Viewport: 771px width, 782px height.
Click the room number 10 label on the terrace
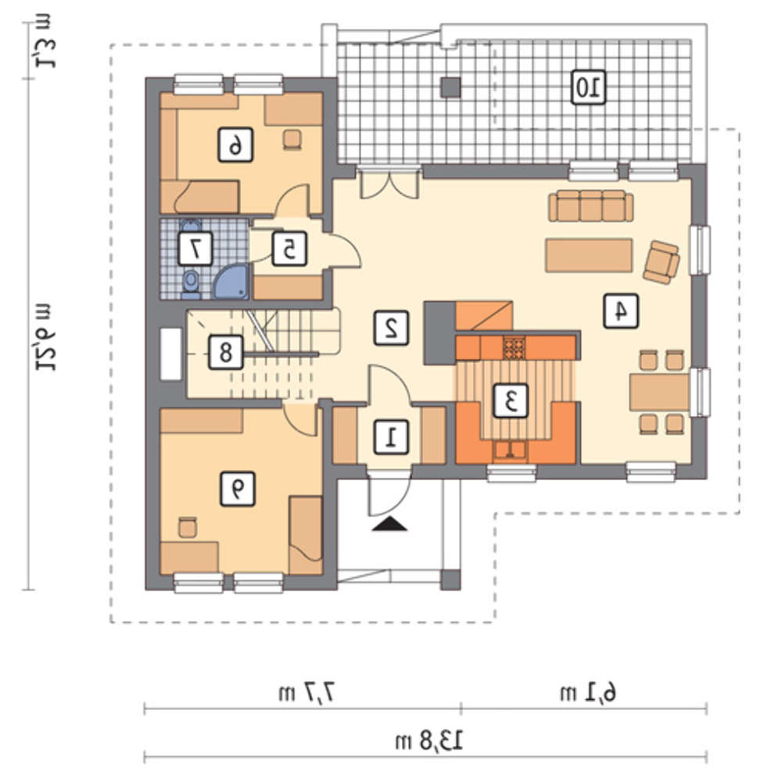click(589, 88)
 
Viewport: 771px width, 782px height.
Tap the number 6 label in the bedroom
click(235, 145)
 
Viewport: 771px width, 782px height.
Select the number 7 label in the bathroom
click(195, 248)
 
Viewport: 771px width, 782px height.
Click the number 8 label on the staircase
click(225, 352)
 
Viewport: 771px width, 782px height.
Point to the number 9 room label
click(238, 490)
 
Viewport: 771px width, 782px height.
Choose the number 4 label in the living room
click(621, 310)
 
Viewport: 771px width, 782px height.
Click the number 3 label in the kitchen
click(511, 400)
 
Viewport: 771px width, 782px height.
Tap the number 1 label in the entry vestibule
click(392, 437)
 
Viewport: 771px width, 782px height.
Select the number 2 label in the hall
click(392, 328)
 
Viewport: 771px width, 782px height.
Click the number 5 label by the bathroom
click(289, 248)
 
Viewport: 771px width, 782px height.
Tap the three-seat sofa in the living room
click(591, 206)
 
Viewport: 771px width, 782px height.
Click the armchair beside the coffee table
click(662, 262)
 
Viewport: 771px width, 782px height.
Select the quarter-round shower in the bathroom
click(231, 282)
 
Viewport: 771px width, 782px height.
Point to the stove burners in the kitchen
click(515, 347)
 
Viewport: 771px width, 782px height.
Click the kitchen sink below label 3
click(510, 450)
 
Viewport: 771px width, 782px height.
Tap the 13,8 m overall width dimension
click(429, 741)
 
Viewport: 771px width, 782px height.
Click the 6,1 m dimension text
click(589, 693)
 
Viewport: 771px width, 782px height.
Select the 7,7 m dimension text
click(306, 693)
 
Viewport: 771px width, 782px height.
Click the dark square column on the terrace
click(451, 88)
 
